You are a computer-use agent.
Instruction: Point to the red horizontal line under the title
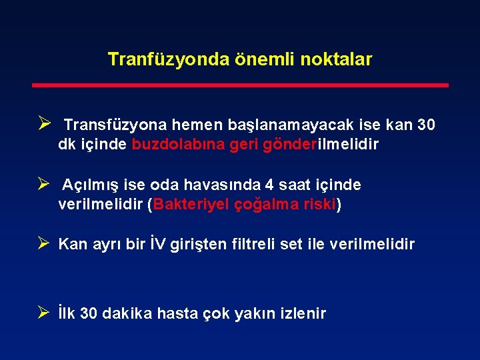[x=240, y=85]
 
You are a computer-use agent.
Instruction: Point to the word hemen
[x=193, y=125]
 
